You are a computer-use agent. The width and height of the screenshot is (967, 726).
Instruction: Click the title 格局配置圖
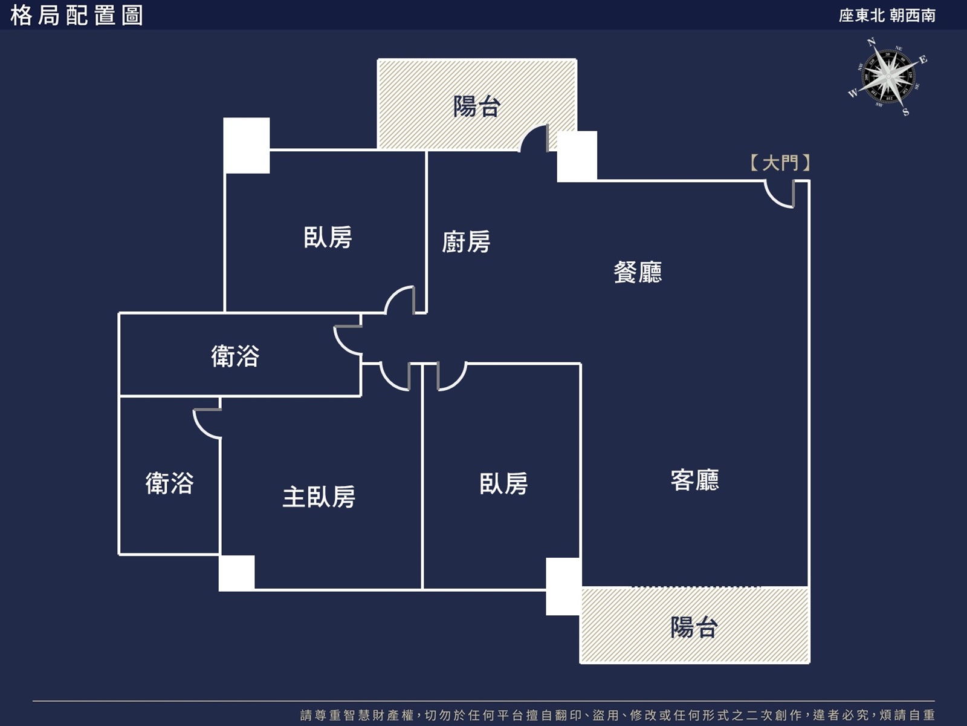(77, 16)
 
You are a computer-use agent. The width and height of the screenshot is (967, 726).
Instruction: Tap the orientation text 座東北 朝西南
(887, 16)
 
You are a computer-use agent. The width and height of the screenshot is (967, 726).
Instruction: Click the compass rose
(887, 77)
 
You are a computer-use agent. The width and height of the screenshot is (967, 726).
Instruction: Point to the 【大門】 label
(780, 163)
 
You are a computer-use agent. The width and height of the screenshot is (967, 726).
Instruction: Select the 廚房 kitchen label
(466, 241)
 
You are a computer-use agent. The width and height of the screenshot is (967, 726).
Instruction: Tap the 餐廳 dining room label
(638, 272)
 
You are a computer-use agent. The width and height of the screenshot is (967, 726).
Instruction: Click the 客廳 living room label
(695, 480)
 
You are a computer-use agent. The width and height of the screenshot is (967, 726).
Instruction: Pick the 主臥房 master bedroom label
(319, 497)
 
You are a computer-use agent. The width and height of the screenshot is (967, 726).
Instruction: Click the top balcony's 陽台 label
(477, 106)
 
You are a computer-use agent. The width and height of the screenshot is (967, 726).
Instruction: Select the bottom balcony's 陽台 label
(694, 627)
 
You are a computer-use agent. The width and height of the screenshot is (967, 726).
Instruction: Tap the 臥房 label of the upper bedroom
(328, 237)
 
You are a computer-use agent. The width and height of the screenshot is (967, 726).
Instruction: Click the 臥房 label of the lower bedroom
(503, 483)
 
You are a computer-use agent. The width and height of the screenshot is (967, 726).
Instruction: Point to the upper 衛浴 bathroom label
(235, 356)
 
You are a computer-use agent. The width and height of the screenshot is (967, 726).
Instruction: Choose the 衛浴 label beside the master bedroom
(170, 483)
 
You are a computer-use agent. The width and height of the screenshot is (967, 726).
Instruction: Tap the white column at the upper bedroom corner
(247, 145)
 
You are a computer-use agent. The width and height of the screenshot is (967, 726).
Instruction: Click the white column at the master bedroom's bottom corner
(236, 573)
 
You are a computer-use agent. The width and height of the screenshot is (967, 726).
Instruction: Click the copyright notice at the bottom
(617, 715)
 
